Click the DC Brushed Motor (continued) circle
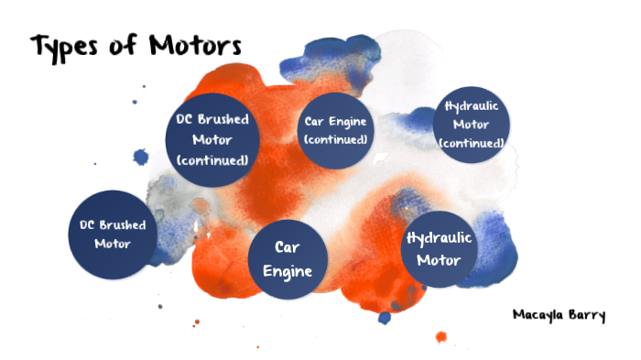pyautogui.click(x=212, y=140)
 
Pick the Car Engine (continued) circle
pyautogui.click(x=336, y=131)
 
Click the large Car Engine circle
pyautogui.click(x=288, y=259)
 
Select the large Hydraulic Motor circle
pyautogui.click(x=439, y=247)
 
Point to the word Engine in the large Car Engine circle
pyautogui.click(x=288, y=271)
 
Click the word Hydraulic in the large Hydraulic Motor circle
pyautogui.click(x=439, y=238)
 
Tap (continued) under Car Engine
pyautogui.click(x=336, y=140)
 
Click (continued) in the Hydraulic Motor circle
pyautogui.click(x=471, y=144)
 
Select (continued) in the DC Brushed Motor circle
pyautogui.click(x=212, y=160)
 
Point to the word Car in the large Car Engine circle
pyautogui.click(x=288, y=247)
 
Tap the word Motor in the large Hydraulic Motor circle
pyautogui.click(x=439, y=259)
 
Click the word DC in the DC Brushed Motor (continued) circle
pyautogui.click(x=183, y=120)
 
